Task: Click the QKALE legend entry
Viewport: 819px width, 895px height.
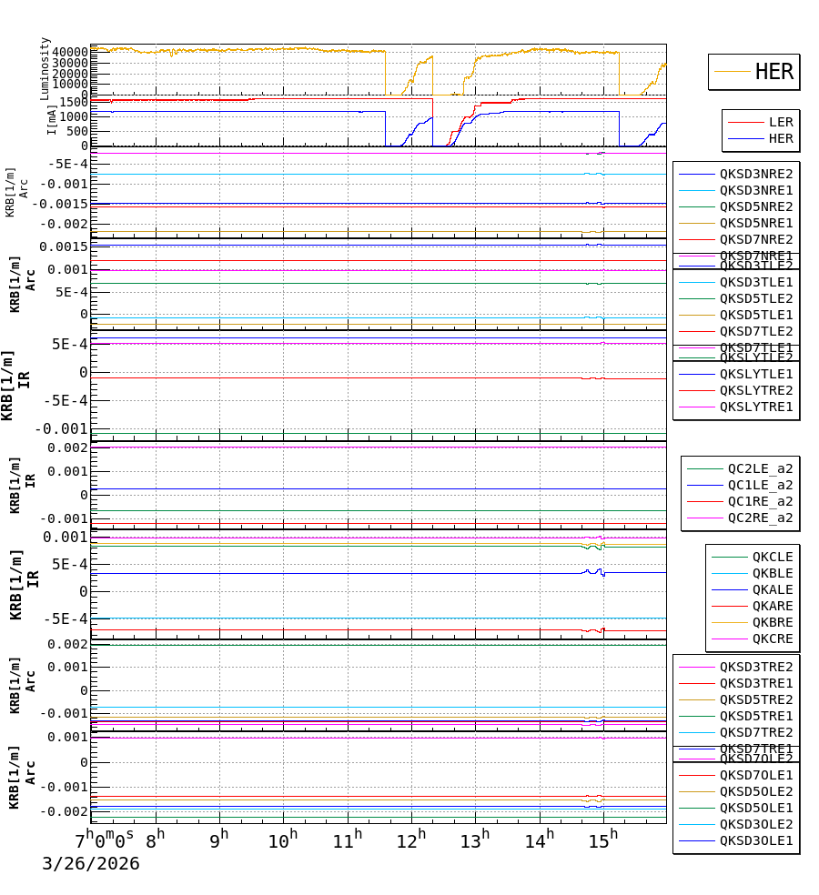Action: [x=772, y=589]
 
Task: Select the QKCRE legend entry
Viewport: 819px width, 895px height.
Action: [x=772, y=639]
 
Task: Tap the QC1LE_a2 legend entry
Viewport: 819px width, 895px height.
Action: [x=760, y=485]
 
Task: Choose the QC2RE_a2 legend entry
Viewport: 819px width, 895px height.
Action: [x=760, y=518]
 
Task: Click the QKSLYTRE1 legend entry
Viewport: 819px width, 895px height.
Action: [x=756, y=407]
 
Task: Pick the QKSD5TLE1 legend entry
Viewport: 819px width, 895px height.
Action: [x=756, y=315]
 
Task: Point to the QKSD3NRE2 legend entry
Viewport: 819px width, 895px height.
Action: [x=756, y=174]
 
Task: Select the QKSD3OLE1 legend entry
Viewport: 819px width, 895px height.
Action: [x=756, y=840]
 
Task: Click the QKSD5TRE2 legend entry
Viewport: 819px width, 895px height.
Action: [x=756, y=699]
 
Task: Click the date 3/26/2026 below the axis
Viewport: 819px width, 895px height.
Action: [x=91, y=864]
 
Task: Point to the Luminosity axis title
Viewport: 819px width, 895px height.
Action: [x=45, y=68]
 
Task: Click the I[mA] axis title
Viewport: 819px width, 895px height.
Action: [x=52, y=119]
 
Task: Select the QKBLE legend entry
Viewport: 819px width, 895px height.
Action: [x=772, y=573]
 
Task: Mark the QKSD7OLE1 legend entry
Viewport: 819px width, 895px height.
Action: [x=756, y=775]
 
